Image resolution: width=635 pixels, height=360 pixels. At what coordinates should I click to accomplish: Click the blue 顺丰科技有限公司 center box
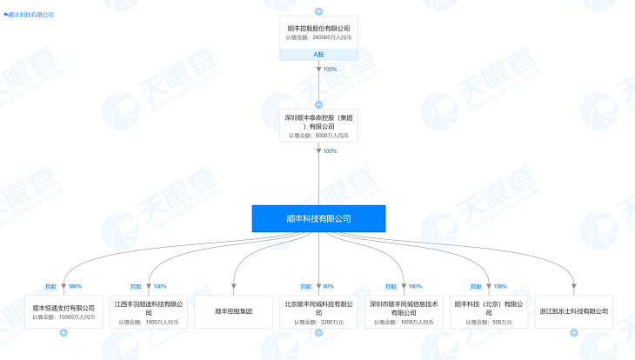coord(318,218)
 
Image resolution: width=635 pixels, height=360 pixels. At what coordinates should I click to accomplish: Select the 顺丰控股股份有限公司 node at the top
coord(318,33)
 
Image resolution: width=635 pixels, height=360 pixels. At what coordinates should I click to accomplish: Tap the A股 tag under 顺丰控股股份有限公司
coord(318,54)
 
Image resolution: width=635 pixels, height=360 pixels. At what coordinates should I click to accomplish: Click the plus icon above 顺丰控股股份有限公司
coord(318,10)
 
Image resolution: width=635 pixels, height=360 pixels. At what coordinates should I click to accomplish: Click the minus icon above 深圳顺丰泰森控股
coord(318,103)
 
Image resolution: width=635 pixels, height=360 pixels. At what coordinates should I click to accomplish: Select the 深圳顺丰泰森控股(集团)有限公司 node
coord(318,124)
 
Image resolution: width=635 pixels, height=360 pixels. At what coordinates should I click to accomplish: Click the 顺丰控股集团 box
coord(234,310)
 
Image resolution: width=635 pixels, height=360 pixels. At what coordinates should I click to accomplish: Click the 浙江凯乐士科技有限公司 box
coord(574,310)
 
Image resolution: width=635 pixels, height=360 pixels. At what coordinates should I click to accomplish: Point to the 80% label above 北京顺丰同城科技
coord(329,286)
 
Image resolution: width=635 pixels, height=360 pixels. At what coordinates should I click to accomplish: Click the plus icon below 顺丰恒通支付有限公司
coord(63,333)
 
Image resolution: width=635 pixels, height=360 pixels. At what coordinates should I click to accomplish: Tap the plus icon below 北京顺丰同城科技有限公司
coord(318,333)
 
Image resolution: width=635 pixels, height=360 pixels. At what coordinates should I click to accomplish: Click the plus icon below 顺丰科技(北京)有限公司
coord(489,333)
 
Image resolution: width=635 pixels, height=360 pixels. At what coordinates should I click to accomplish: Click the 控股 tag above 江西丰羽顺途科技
coord(136,286)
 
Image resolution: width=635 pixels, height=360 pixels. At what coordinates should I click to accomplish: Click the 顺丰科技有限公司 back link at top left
coord(29,15)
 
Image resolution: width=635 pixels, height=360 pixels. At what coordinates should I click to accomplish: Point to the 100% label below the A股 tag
coord(330,70)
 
